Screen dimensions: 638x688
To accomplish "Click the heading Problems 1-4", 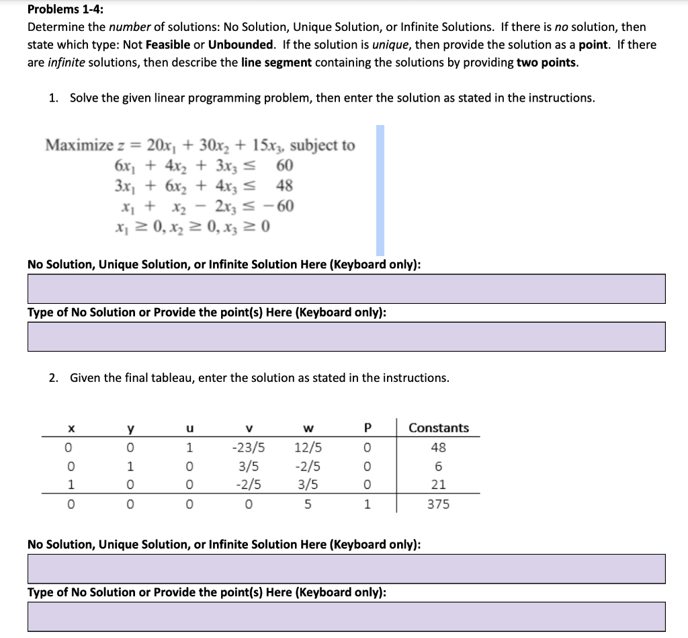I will click(66, 9).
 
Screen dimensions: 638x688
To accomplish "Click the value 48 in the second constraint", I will click(284, 185).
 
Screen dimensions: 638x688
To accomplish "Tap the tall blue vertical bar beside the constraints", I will click(380, 190).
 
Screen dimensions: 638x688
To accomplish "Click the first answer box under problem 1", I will click(346, 288).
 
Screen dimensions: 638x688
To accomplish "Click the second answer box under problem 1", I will click(346, 336).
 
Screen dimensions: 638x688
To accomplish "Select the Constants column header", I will click(439, 428).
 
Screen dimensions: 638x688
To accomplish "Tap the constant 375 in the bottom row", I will click(439, 504).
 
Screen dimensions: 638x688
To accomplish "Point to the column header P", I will click(367, 428).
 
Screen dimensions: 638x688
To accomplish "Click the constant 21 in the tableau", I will click(439, 484).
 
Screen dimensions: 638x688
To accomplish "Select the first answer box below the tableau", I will click(346, 569).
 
